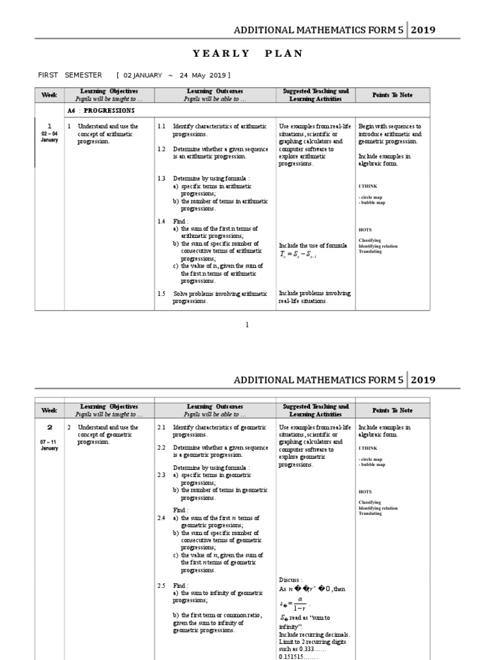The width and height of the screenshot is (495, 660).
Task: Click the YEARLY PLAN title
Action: click(x=247, y=53)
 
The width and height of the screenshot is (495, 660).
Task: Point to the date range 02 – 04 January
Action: click(x=50, y=136)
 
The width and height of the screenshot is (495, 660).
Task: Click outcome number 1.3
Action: click(x=162, y=178)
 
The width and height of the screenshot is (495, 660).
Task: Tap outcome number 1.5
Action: click(x=162, y=293)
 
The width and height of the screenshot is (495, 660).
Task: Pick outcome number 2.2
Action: click(x=162, y=447)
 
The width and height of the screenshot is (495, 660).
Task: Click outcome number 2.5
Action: click(x=162, y=585)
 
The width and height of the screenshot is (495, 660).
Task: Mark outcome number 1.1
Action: click(x=162, y=127)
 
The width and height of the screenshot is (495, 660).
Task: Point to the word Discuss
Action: click(x=290, y=579)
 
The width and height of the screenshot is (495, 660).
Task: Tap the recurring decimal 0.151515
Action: click(x=295, y=656)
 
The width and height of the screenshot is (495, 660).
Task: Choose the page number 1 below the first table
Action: click(x=247, y=324)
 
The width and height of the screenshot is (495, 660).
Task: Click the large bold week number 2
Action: click(x=50, y=427)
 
